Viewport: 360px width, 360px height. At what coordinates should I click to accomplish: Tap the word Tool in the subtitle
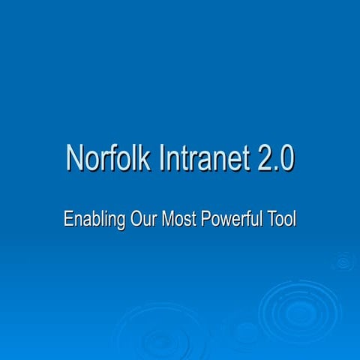[x=283, y=220]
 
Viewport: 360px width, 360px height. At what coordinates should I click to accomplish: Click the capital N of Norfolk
[x=75, y=159]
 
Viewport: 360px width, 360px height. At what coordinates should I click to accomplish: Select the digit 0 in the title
[x=286, y=159]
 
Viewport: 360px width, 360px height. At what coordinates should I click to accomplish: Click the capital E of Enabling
[x=69, y=220]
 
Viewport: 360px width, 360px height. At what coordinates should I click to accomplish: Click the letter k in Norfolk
[x=139, y=159]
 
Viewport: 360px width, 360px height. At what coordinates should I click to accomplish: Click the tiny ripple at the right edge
[x=343, y=261]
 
